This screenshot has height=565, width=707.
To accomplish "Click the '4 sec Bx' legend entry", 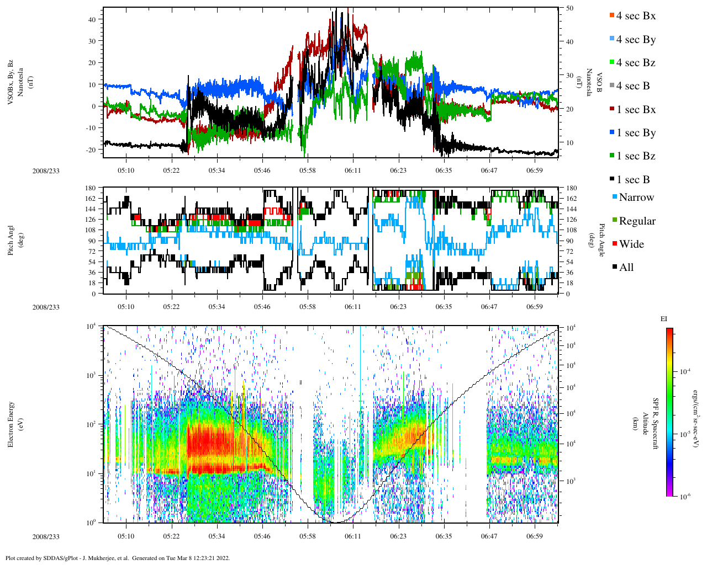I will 635,16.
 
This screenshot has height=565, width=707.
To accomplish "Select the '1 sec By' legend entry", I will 635,133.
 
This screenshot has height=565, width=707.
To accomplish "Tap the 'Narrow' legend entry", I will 636,198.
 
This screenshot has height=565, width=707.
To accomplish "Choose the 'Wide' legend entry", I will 631,244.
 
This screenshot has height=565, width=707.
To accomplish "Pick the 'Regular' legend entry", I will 637,221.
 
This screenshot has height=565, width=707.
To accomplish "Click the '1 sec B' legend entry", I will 633,180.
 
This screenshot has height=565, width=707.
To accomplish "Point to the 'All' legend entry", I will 626,268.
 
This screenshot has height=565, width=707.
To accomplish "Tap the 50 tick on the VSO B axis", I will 569,8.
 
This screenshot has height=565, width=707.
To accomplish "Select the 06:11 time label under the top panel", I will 353,170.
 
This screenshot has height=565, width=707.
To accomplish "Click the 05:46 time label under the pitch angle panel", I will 262,307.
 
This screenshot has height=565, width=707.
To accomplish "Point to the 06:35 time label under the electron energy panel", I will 444,536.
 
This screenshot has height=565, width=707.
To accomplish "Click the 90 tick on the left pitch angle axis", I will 91,241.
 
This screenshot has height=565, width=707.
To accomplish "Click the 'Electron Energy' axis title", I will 11,424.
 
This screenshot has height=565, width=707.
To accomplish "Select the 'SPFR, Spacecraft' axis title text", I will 656,424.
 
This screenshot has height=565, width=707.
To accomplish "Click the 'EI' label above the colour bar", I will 664,319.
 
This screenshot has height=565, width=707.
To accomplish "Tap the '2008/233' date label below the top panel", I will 46,170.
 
